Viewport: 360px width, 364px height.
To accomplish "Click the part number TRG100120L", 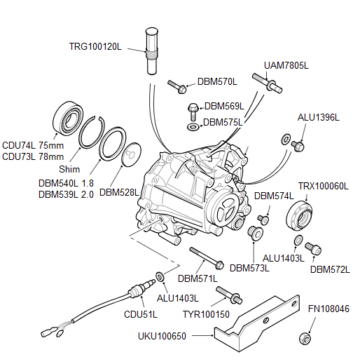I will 95,47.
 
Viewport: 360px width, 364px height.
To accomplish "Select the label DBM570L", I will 217,81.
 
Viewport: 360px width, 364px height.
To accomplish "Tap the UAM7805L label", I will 286,65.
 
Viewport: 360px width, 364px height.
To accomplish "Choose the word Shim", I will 69,170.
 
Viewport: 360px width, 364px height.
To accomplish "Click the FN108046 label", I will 329,309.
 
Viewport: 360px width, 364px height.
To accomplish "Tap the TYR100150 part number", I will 205,314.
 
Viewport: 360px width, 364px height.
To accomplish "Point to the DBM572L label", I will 329,269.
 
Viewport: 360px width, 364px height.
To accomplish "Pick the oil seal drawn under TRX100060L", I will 300,214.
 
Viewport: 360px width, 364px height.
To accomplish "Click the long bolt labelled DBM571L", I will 205,259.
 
